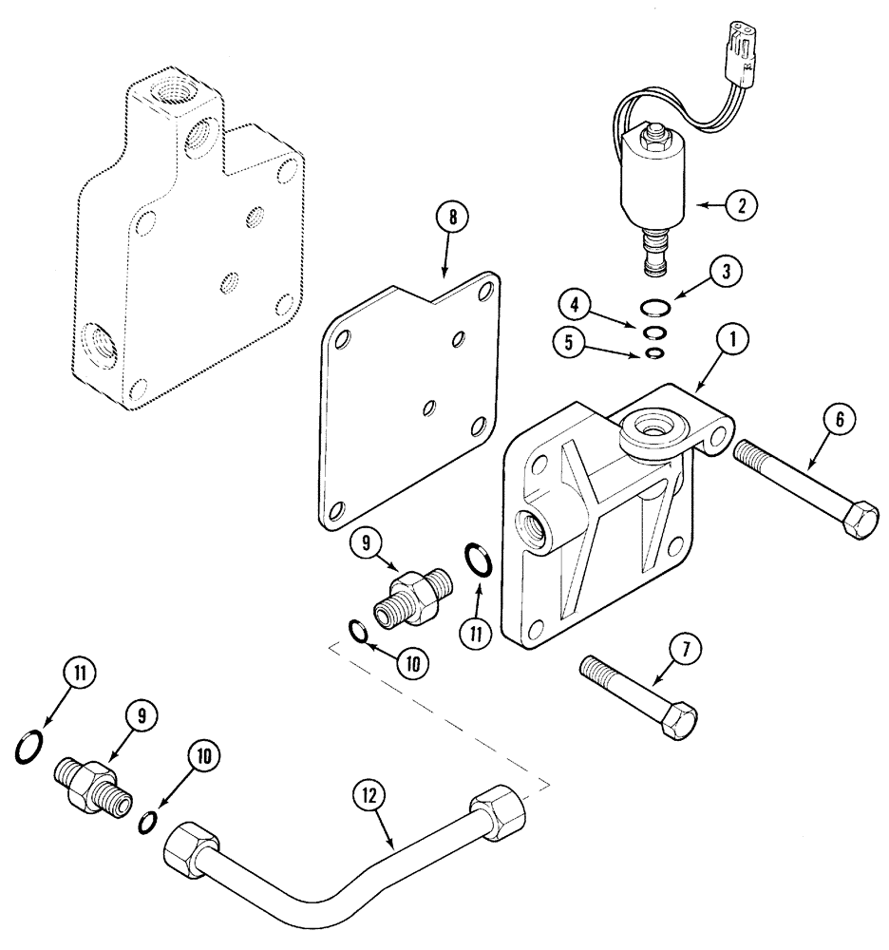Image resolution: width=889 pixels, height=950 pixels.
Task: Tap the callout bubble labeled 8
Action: click(x=452, y=218)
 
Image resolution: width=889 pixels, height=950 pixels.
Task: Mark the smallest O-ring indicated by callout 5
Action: click(x=653, y=354)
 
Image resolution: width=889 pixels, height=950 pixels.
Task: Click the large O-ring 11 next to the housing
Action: click(x=477, y=560)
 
